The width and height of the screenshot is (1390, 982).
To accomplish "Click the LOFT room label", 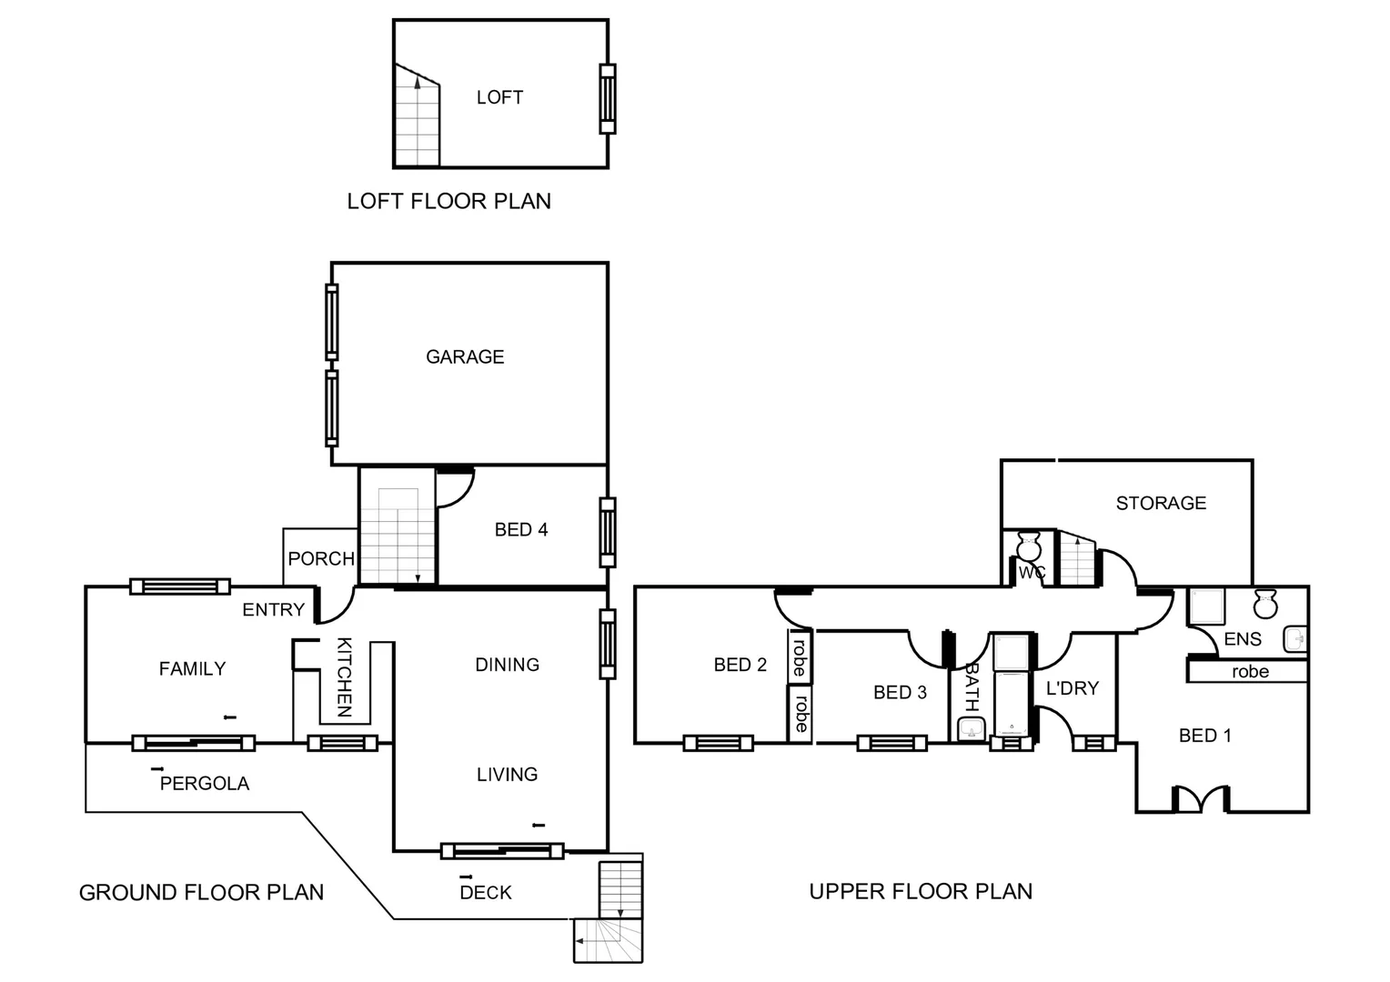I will coord(499,97).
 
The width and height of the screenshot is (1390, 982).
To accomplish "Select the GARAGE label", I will coord(465,356).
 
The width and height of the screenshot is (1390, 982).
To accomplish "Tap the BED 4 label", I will coord(521,529).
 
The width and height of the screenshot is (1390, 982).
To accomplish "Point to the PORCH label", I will coord(321,558).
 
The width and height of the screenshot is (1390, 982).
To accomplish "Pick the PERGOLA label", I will coord(204,783).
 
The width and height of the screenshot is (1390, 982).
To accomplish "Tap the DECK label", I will coord(486,892).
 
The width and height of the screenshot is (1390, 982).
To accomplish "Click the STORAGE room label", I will coord(1161,503).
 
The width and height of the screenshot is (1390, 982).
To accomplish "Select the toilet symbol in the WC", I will coord(1029,546).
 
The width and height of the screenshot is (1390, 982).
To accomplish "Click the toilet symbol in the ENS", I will coord(1265,603).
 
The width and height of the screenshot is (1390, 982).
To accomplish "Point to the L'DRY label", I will coord(1073,688).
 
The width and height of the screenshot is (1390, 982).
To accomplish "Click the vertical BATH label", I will coord(972,686).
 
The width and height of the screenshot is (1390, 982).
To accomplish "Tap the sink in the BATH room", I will coord(972,728).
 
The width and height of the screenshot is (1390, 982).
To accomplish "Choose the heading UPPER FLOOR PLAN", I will coord(921,891).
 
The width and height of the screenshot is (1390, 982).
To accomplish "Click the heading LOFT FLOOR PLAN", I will coord(448,201).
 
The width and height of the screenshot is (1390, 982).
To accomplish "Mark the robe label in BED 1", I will coord(1250,672).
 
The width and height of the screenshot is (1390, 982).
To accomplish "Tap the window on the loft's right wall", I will coord(607,98).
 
